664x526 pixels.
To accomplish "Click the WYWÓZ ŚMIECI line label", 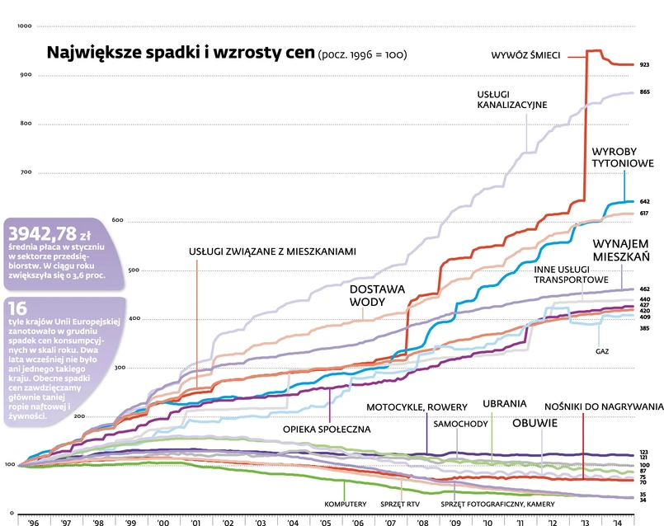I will click(525, 54).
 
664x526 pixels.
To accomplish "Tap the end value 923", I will click(644, 64).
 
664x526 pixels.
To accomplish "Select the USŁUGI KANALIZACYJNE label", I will click(511, 99).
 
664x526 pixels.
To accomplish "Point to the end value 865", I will click(644, 92).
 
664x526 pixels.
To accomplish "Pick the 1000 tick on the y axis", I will click(24, 27).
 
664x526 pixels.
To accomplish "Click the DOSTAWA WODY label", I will click(377, 295).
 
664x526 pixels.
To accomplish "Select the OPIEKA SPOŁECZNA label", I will click(327, 429).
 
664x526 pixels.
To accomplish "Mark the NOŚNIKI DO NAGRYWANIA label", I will click(604, 406).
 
